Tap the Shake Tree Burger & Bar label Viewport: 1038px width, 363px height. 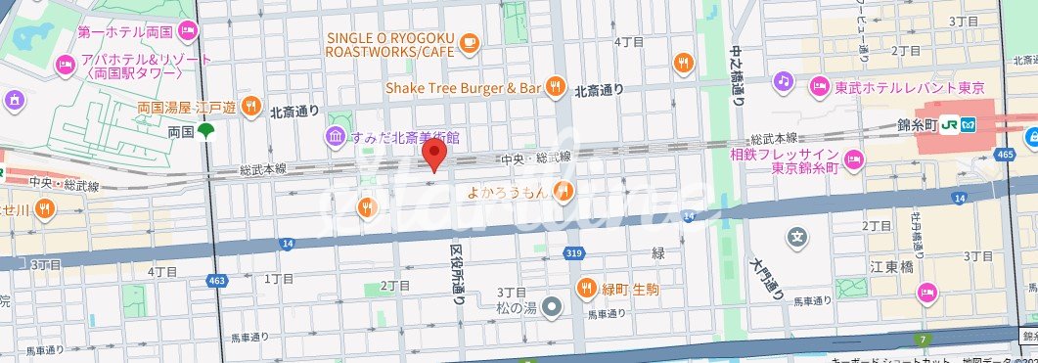coord(463,88)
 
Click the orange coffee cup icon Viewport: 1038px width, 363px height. coord(470,42)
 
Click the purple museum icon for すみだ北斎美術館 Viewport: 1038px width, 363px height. coord(336,135)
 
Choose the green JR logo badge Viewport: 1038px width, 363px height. coord(970,124)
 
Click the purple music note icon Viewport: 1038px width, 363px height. coord(784,80)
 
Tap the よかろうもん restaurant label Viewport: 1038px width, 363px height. coord(508,191)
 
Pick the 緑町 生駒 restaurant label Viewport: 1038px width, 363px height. coord(632,288)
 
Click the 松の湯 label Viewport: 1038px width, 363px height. coord(519,307)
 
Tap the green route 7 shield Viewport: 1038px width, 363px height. coord(922,340)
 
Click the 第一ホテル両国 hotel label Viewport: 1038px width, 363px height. coord(134,32)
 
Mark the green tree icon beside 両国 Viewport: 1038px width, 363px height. coord(205,131)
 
